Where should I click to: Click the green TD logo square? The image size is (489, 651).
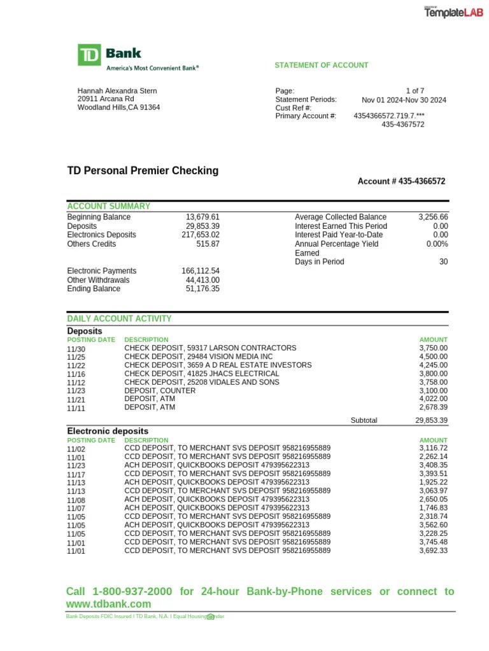(89, 55)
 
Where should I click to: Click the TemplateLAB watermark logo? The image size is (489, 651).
(454, 12)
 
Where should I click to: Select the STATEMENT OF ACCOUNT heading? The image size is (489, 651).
(321, 65)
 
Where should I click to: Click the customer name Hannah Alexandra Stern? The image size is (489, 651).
(117, 91)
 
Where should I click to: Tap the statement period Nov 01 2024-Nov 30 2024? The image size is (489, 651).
(404, 100)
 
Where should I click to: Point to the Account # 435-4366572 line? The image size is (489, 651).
(401, 181)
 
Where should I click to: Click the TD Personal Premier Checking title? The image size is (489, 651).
(143, 170)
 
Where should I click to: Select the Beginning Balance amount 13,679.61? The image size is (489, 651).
(202, 217)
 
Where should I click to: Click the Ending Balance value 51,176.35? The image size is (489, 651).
(202, 289)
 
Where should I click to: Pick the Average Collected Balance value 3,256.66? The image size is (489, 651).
(433, 217)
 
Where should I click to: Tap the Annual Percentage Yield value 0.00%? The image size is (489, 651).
(437, 243)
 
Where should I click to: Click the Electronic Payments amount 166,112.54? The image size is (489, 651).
(201, 271)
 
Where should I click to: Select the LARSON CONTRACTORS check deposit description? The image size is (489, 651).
(210, 348)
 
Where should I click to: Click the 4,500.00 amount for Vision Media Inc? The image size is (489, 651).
(433, 357)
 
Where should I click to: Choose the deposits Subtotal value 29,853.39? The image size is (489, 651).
(431, 420)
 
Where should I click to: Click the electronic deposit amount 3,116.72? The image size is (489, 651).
(433, 448)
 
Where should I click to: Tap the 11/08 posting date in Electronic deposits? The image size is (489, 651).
(75, 500)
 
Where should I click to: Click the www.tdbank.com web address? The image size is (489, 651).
(109, 604)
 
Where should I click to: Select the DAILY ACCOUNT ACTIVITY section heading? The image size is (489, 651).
(119, 319)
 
